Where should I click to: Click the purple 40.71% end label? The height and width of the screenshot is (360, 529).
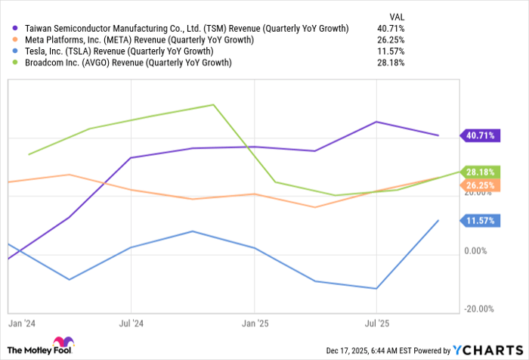click(481, 135)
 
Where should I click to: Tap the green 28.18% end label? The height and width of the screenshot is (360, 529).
click(481, 172)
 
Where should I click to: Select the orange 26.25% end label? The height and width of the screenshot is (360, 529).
click(481, 185)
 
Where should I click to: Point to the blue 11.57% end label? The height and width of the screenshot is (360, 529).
click(481, 220)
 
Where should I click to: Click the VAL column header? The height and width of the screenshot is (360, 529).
click(396, 16)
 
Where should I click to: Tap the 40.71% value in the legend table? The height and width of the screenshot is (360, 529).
click(391, 29)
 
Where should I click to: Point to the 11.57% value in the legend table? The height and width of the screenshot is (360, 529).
click(391, 51)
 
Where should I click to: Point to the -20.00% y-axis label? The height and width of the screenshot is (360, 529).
click(479, 309)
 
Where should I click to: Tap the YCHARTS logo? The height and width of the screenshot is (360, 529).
click(488, 349)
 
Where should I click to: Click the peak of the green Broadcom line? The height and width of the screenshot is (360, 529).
click(215, 105)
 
